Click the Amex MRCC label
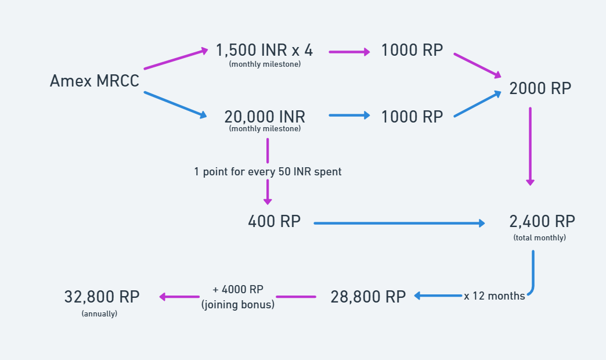[95, 81]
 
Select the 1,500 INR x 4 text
[264, 51]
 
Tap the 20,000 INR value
[265, 116]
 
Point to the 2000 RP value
[540, 88]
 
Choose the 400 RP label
[274, 221]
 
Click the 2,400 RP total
[542, 221]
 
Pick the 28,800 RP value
[368, 296]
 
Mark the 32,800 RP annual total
[102, 296]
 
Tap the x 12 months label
[494, 296]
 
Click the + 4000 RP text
[237, 290]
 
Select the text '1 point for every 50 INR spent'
[268, 171]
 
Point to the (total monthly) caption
[540, 237]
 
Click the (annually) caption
[99, 314]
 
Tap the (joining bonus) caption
[237, 304]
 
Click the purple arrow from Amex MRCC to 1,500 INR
[175, 59]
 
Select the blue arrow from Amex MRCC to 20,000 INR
[175, 105]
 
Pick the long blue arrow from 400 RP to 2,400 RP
[399, 222]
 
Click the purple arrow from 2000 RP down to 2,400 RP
[530, 145]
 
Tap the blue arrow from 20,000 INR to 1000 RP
[349, 116]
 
